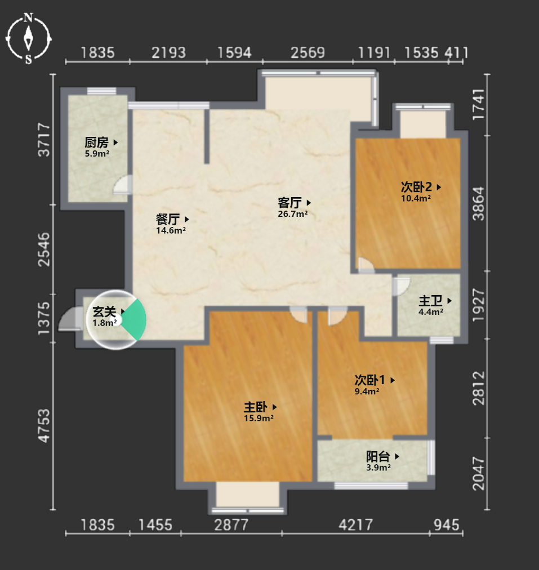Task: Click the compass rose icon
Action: [x=28, y=38]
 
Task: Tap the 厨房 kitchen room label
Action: [x=96, y=142]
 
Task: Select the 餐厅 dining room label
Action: [x=167, y=219]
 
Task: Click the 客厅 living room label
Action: [x=289, y=202]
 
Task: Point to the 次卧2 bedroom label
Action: [x=416, y=187]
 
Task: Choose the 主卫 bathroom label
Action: [x=430, y=301]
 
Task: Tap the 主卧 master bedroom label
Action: [x=256, y=407]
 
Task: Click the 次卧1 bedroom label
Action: [x=369, y=380]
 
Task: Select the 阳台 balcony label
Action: [x=378, y=456]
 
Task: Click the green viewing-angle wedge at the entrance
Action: [x=135, y=320]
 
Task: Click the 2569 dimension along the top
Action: [x=308, y=53]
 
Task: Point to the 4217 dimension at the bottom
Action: [x=355, y=525]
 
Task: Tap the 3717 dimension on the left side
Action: [x=44, y=140]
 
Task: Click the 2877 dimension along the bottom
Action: [x=231, y=525]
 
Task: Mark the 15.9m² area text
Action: [x=259, y=418]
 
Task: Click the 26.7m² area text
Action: [x=292, y=214]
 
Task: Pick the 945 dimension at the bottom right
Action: [x=447, y=525]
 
